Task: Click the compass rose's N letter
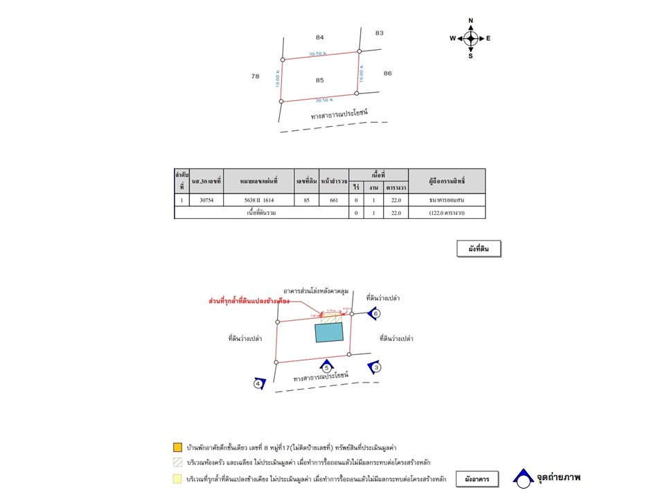470,21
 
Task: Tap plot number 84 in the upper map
319,37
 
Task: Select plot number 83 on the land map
379,33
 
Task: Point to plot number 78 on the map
255,76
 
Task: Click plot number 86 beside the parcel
387,73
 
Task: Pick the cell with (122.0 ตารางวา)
447,213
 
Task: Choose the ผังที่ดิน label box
479,249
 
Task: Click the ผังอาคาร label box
477,479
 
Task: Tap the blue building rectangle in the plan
329,332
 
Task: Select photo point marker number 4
258,383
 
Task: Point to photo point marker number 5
326,367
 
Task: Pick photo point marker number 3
376,367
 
